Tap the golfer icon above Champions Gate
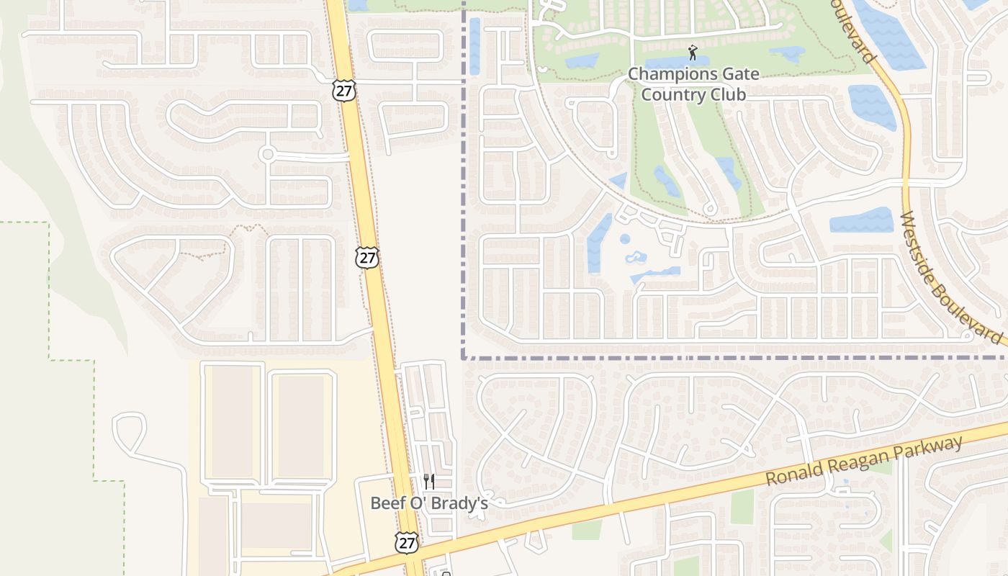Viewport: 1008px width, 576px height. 693,53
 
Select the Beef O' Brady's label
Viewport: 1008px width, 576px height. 429,503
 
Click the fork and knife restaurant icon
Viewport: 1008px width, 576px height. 429,482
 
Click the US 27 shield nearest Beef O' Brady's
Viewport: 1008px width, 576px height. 407,541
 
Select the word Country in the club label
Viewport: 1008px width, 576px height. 672,94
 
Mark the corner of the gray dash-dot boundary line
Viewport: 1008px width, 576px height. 463,356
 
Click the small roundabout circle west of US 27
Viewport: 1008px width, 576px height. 268,154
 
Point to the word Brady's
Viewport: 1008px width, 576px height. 463,503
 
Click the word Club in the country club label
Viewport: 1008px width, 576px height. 726,94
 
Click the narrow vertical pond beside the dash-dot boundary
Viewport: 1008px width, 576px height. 474,46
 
